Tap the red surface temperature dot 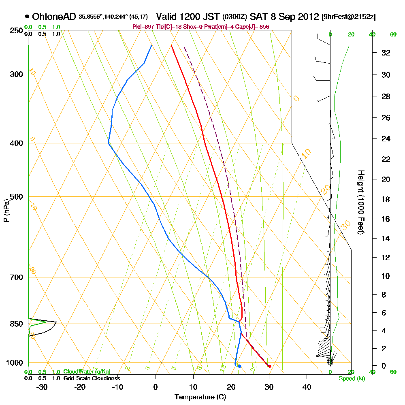pos(270,366)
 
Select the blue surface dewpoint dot pos(240,366)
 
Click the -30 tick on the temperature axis pos(42,387)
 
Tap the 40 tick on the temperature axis pos(307,387)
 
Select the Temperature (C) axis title pos(200,397)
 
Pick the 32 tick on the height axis pos(386,53)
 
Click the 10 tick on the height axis pos(386,276)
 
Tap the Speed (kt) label pos(352,379)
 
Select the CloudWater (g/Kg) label pos(87,372)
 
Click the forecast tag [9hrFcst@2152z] pos(349,17)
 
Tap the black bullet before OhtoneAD pos(27,17)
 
